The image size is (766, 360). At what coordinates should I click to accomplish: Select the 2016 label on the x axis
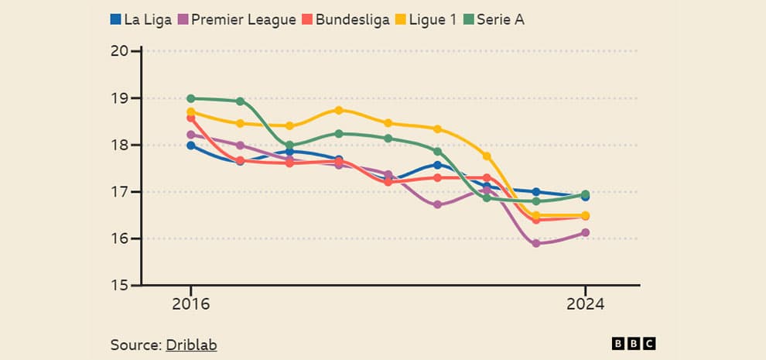tap(190, 304)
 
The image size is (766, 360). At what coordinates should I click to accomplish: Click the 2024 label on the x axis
tap(586, 304)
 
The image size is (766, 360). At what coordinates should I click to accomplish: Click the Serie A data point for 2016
tap(191, 98)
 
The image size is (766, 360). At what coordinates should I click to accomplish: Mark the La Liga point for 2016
tap(191, 145)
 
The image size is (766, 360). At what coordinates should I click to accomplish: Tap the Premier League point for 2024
tap(586, 232)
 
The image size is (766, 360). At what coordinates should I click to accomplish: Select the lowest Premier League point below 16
tap(536, 243)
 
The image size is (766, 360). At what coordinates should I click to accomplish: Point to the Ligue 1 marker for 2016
tap(191, 111)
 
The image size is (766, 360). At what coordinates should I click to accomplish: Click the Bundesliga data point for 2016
tap(191, 118)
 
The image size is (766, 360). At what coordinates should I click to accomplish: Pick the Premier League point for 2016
tap(191, 135)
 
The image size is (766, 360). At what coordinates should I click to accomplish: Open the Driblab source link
tap(191, 345)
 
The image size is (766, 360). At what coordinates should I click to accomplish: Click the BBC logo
tap(634, 344)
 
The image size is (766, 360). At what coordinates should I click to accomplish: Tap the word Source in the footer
tap(135, 345)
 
